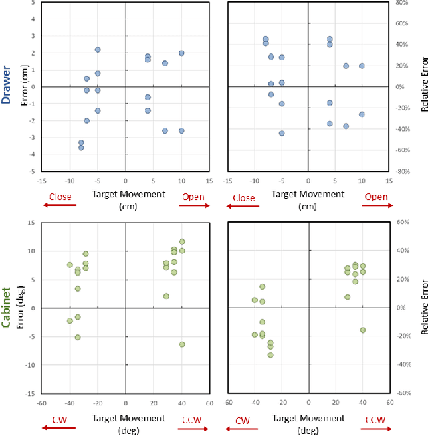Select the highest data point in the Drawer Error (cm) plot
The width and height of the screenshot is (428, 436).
98,49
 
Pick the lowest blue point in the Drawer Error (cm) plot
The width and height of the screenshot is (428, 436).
81,148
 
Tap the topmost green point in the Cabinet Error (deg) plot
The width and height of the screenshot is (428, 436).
182,241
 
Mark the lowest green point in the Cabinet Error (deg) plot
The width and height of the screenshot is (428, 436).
182,344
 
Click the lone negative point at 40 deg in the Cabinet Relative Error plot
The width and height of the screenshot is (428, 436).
363,330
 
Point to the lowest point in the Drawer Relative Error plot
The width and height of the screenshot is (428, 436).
282,134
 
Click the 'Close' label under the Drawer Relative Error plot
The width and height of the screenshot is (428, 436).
243,198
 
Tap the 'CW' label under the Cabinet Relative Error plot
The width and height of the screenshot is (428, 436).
243,421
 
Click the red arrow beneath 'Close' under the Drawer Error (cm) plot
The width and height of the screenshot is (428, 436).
60,205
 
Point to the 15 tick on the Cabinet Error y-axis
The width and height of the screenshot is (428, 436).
35,223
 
